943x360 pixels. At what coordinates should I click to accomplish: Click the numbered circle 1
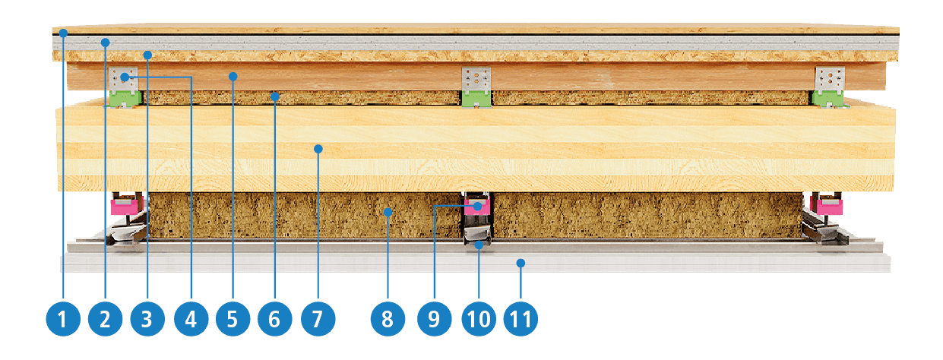63,319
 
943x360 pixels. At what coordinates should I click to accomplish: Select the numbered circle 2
106,319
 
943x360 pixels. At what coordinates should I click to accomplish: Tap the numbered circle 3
147,319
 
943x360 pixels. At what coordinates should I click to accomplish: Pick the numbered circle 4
191,319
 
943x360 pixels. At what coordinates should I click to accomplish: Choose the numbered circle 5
233,319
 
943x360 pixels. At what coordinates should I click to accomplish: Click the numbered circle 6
275,319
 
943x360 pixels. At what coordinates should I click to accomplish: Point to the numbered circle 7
318,319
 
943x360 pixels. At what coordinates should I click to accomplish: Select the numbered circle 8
388,319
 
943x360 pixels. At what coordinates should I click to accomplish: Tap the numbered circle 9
435,319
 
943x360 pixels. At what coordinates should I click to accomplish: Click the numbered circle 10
479,319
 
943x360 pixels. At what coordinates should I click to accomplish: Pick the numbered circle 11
521,319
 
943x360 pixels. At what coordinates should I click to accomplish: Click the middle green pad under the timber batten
476,100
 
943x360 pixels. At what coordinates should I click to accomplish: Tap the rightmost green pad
828,100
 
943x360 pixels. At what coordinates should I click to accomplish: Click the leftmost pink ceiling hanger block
124,207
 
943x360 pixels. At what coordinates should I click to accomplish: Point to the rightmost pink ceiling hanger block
829,207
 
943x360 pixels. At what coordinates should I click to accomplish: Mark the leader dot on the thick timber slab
318,149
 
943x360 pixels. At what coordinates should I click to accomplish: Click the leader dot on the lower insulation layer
388,213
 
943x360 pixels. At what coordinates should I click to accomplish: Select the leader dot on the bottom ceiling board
521,264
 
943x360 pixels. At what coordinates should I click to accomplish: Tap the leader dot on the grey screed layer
106,43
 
